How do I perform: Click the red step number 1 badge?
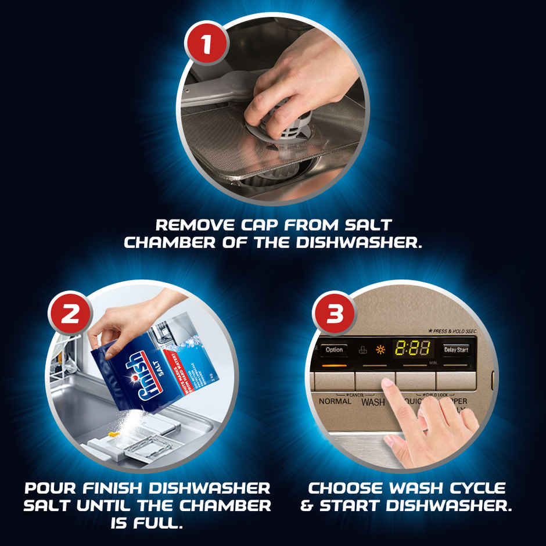(204, 43)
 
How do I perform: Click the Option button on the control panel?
(334, 350)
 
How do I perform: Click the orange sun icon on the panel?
(381, 350)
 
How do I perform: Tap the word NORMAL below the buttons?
(335, 401)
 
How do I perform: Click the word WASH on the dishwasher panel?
(373, 402)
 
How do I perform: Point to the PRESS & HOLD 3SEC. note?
(454, 331)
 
